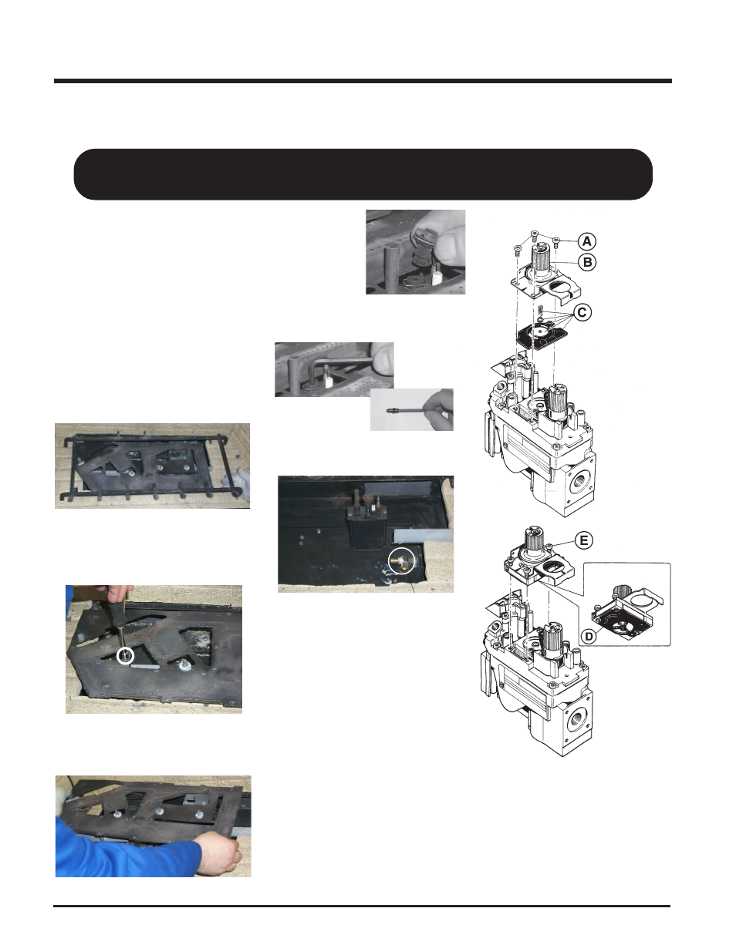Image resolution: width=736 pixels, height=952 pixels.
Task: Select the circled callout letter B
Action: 587,262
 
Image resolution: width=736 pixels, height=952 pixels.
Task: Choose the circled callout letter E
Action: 583,540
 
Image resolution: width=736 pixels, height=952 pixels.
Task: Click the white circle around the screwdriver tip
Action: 123,656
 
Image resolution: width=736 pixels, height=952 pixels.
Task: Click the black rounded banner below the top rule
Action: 363,174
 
